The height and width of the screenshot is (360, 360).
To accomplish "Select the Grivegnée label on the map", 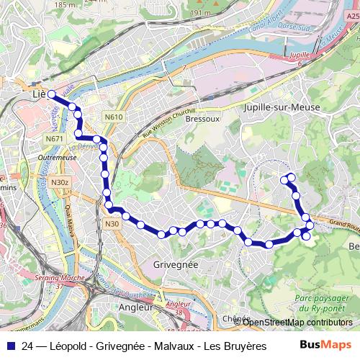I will tap(176, 265).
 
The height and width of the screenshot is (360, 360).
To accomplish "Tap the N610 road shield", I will tap(113, 117).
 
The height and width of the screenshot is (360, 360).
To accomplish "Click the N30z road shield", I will tap(60, 183).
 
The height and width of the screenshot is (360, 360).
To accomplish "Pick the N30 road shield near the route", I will tap(112, 224).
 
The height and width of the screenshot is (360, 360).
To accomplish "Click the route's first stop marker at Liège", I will tap(52, 94).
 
